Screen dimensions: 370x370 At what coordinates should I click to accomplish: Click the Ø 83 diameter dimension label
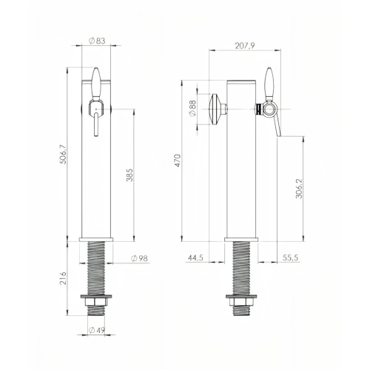click(x=97, y=41)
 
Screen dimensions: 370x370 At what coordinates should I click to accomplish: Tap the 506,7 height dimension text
click(x=63, y=154)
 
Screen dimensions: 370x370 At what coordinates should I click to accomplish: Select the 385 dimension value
click(x=129, y=175)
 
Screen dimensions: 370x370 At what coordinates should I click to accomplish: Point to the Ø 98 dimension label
click(x=139, y=258)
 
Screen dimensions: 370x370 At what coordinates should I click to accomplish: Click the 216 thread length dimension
click(x=63, y=278)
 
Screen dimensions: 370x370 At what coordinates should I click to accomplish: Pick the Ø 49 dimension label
click(x=97, y=330)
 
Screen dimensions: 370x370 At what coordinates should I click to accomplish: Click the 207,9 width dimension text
click(x=245, y=46)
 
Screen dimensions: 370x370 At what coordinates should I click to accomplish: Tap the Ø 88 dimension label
click(x=192, y=108)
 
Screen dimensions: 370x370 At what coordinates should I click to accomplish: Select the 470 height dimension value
click(x=178, y=161)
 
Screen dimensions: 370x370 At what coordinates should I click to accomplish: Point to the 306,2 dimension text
click(x=299, y=188)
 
